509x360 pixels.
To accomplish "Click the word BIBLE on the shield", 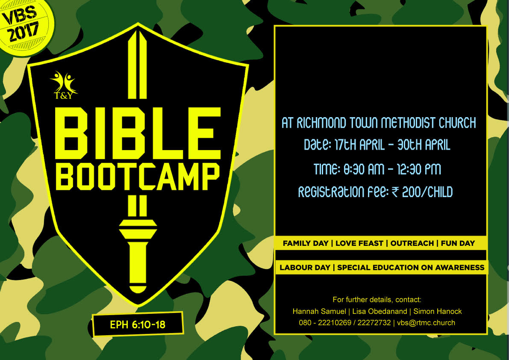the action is (138, 134).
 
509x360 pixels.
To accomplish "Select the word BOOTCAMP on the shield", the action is (138, 176).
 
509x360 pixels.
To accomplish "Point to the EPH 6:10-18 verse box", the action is (138, 324).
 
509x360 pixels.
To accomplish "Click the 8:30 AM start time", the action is (364, 169).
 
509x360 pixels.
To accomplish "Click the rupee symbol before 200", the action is (395, 192).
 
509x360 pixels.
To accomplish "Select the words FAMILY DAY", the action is (306, 243).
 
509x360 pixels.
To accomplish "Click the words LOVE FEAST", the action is (359, 243).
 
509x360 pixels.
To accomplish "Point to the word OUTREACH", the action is (412, 243).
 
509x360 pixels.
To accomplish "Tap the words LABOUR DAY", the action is (305, 268).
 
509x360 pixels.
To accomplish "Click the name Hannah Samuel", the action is (319, 311).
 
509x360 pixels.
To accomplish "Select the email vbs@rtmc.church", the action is (426, 323).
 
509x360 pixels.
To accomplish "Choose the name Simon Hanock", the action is (437, 311).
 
